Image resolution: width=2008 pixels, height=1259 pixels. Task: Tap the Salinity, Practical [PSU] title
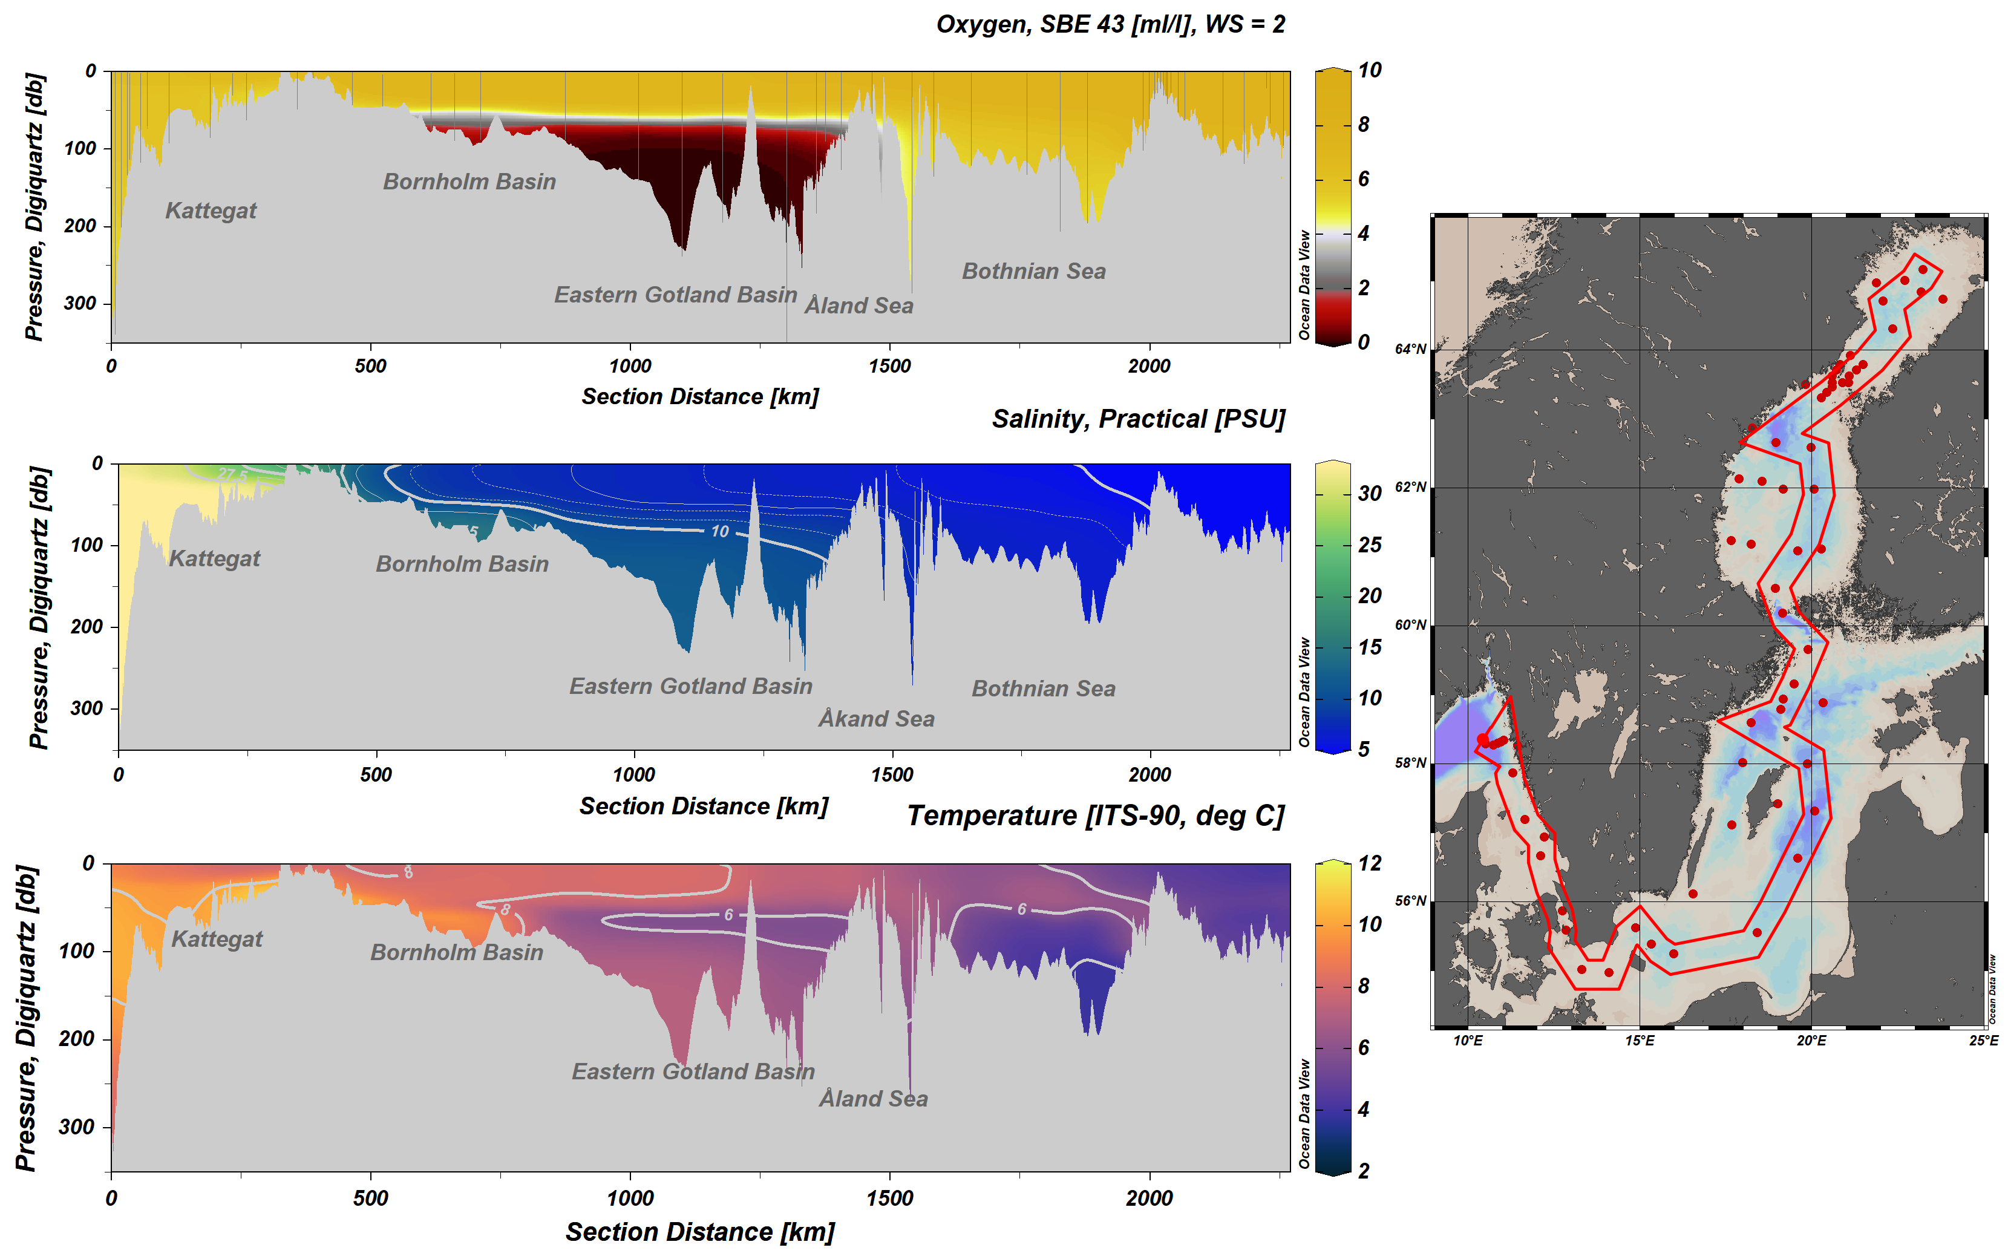pos(1138,419)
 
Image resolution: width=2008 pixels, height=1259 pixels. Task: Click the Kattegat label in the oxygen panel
pos(211,211)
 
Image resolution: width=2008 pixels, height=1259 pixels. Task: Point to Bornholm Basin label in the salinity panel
pos(462,564)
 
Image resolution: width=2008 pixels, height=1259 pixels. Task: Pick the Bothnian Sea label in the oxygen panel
pos(1033,272)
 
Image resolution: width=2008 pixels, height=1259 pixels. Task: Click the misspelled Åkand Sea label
pos(876,719)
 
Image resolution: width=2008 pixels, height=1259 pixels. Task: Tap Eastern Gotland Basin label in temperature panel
pos(693,1071)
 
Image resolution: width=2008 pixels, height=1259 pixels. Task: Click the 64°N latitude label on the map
pos(1410,350)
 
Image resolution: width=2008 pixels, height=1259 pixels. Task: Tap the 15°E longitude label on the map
pos(1639,1041)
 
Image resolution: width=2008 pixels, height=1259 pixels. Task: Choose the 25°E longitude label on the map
pos(1983,1041)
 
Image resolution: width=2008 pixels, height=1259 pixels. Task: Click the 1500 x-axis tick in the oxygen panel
pos(889,367)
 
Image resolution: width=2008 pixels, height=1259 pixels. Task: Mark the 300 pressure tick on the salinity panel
pos(87,708)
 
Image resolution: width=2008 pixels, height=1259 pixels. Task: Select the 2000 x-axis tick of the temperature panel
pos(1149,1199)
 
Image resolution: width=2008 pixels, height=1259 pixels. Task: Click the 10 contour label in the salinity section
pos(719,531)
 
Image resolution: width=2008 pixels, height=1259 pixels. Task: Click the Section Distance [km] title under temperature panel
pos(699,1232)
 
